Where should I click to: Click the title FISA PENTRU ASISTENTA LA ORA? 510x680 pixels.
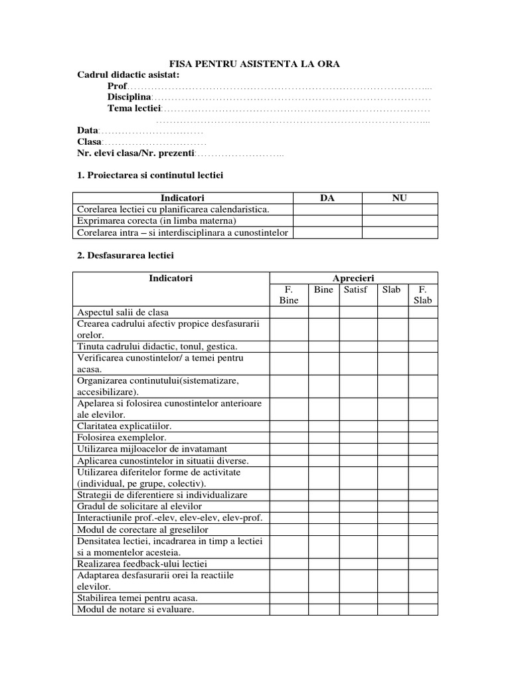click(255, 64)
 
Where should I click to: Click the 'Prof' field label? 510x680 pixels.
click(116, 86)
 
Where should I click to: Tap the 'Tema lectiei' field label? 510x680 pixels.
click(134, 108)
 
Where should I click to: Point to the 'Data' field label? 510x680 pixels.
click(87, 131)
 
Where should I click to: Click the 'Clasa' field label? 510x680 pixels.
click(89, 142)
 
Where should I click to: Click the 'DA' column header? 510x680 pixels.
click(327, 198)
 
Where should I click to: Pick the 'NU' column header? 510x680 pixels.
click(400, 198)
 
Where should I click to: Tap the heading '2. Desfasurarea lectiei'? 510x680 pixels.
click(126, 254)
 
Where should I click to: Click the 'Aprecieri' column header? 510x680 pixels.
click(353, 278)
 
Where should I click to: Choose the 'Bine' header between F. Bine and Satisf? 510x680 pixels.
click(323, 290)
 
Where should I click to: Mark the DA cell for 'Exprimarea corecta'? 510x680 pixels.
click(327, 220)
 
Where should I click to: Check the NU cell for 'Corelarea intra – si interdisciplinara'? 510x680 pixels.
click(400, 232)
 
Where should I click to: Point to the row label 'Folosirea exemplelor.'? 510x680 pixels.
click(122, 438)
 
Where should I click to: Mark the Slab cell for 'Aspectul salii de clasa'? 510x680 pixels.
click(392, 312)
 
